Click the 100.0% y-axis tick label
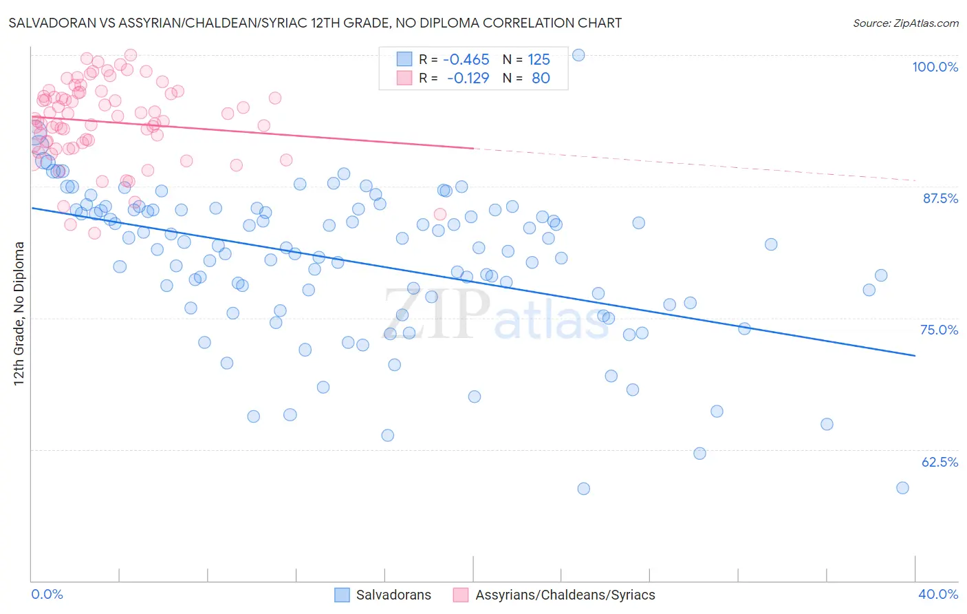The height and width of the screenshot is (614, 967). click(x=935, y=67)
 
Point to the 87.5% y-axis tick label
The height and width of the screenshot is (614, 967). click(x=940, y=198)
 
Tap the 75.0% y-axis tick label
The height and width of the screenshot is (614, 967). click(x=939, y=330)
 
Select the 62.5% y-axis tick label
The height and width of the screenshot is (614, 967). click(x=939, y=462)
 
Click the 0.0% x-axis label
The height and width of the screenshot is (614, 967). click(x=47, y=594)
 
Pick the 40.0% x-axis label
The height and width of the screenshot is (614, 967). click(x=938, y=594)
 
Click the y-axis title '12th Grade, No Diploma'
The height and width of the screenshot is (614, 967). click(x=19, y=313)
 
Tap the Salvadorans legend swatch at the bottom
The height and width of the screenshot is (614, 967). click(x=343, y=595)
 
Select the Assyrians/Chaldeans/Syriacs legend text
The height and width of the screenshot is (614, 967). click(x=565, y=595)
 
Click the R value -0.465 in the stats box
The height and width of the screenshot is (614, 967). click(x=466, y=59)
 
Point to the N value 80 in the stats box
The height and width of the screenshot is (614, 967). click(x=541, y=78)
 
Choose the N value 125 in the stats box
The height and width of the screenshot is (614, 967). click(x=539, y=59)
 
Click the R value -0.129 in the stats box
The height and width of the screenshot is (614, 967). click(x=468, y=78)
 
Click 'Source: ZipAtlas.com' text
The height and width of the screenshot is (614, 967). click(x=905, y=23)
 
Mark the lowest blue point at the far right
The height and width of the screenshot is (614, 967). click(x=902, y=488)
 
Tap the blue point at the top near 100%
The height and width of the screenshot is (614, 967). click(x=578, y=55)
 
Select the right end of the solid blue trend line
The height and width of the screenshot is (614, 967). click(x=915, y=355)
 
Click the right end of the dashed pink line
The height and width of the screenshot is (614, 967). click(x=915, y=180)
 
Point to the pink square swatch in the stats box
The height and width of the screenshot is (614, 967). click(x=404, y=78)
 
